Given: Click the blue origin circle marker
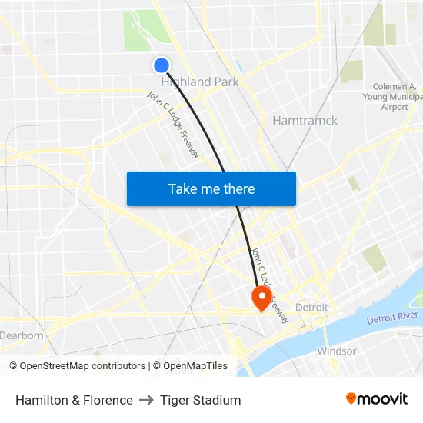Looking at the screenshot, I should coord(162,66).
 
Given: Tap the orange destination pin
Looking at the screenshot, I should coord(261,298).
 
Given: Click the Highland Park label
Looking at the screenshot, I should coord(200,82).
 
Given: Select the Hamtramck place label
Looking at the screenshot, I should coord(305,121).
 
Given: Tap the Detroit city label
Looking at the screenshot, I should coord(311,307).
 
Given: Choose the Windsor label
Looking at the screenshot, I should coord(337,351).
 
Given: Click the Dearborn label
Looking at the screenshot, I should coord(22,335).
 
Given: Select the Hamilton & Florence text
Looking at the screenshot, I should coord(74,400).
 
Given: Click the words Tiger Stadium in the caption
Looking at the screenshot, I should coord(201,400).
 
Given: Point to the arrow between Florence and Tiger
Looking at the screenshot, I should coord(146,400).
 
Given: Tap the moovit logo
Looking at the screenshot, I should coord(376,399).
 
